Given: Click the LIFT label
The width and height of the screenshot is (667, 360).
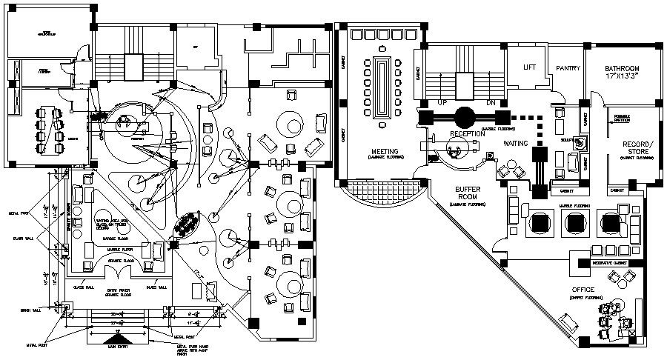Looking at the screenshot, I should (x=529, y=67).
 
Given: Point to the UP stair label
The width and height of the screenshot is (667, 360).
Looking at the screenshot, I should (x=443, y=102).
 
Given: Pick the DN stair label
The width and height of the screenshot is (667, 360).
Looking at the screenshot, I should (x=490, y=102).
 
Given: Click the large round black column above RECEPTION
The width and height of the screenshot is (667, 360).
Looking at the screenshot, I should (x=466, y=116).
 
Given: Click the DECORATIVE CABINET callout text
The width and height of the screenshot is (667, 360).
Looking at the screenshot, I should (x=611, y=263).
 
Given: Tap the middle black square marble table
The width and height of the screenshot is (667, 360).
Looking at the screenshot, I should (x=574, y=221).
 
